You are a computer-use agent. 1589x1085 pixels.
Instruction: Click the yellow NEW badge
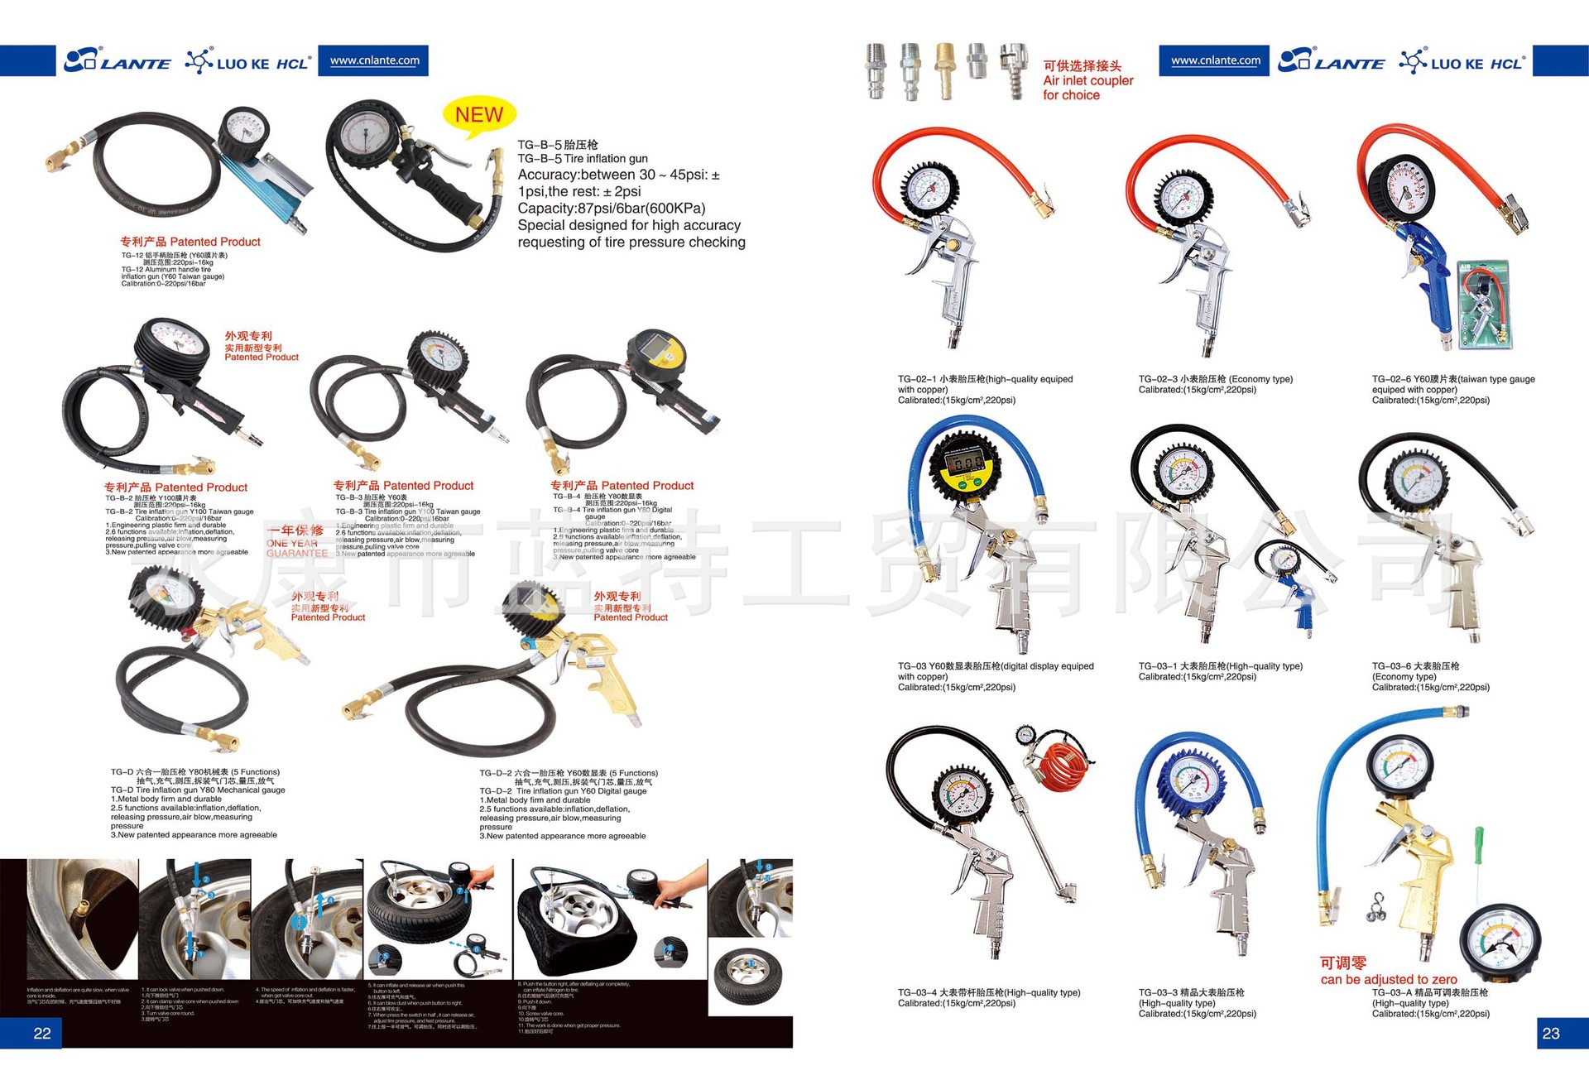tap(479, 114)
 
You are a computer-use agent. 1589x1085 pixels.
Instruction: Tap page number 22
tap(42, 1033)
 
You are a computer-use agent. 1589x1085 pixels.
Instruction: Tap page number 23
tap(1551, 1033)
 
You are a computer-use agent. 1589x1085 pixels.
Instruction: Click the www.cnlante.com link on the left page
tap(375, 60)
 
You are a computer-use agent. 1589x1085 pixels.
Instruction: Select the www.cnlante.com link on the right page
tap(1215, 60)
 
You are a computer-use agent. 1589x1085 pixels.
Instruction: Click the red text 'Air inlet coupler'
tap(1087, 80)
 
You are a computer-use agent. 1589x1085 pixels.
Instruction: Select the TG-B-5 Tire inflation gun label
tap(583, 158)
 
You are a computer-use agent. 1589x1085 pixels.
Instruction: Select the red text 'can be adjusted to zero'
tap(1389, 979)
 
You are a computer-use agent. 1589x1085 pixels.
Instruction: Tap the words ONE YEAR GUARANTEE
tap(296, 548)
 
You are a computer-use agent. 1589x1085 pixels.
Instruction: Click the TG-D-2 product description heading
tap(569, 773)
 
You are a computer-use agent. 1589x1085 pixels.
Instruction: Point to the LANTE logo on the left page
tap(118, 61)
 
